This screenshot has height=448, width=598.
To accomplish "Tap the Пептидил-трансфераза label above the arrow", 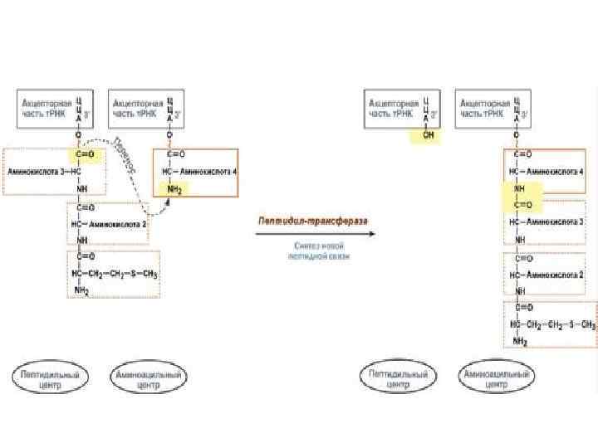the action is (313, 222).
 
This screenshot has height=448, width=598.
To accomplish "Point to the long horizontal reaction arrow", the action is (314, 234).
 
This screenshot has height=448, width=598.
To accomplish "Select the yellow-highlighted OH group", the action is (429, 136).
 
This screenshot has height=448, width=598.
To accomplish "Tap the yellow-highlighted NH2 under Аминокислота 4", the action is (173, 190).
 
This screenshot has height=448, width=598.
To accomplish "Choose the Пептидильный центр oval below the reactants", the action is (51, 380).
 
